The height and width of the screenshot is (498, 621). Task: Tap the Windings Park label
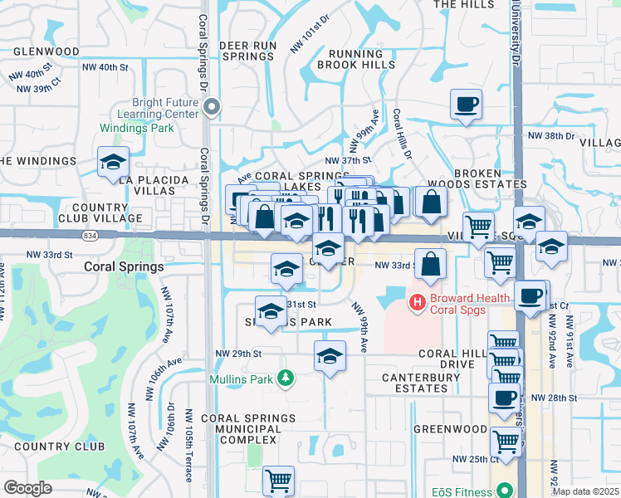(137, 129)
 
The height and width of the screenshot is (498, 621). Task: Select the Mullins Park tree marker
(286, 378)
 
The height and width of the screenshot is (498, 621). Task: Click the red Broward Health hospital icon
(418, 300)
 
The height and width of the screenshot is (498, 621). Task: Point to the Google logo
(27, 487)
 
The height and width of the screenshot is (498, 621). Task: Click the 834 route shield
(88, 236)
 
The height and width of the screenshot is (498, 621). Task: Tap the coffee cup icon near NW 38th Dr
(465, 106)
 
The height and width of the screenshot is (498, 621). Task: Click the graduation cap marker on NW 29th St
(330, 356)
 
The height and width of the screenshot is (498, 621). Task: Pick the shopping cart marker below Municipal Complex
(278, 481)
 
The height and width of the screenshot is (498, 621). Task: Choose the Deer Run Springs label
(247, 51)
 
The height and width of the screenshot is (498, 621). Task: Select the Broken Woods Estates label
(477, 178)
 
